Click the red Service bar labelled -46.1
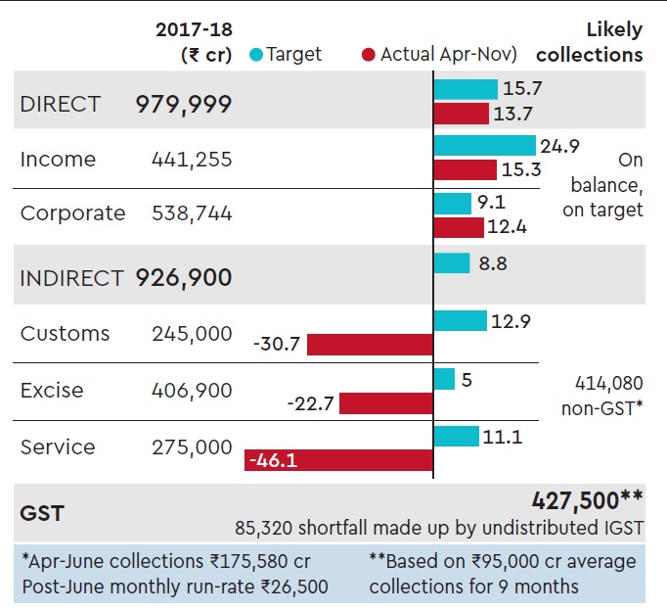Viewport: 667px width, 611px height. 338,459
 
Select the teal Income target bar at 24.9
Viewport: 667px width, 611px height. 486,146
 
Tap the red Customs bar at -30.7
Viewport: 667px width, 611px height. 370,345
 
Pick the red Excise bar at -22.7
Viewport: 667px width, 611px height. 385,402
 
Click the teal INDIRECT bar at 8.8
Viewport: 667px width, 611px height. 452,262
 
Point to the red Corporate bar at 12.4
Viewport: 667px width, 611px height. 459,227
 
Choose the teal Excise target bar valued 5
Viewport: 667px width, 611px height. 444,378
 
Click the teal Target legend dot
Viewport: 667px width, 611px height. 256,55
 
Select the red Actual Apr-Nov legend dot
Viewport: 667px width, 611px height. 368,55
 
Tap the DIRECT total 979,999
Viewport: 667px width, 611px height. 184,105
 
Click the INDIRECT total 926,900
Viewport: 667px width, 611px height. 184,278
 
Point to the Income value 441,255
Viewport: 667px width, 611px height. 192,160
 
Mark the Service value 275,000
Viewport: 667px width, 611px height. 192,447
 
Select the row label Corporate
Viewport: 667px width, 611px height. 72,213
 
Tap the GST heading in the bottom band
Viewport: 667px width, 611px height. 42,512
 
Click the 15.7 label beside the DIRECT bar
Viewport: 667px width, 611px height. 522,88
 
